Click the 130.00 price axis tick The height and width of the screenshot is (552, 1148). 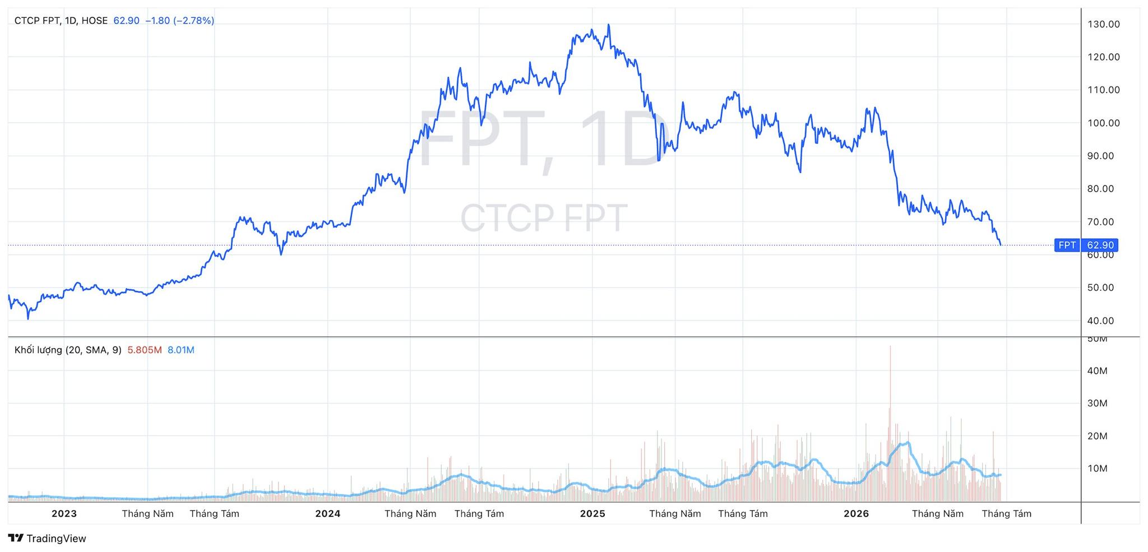click(1103, 24)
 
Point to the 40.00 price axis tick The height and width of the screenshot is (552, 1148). click(1100, 321)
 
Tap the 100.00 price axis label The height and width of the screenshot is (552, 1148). click(1103, 123)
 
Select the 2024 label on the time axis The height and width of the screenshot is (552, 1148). click(328, 513)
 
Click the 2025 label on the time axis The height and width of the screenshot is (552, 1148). click(592, 513)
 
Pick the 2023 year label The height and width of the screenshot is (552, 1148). click(64, 513)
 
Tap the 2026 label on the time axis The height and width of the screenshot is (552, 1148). click(856, 513)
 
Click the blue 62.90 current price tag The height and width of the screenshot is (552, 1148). click(1100, 245)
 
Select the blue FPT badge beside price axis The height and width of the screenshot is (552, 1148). click(1067, 245)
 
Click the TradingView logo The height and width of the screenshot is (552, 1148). click(47, 539)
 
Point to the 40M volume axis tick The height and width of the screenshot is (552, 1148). click(1097, 370)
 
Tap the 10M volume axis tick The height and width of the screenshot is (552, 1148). click(1097, 468)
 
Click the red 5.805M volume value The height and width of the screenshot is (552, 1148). click(145, 350)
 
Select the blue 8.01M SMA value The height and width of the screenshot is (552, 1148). click(181, 350)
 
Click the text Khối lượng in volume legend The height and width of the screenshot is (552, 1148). click(38, 350)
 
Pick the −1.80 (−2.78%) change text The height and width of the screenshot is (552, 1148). click(179, 21)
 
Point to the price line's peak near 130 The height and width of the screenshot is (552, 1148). click(609, 25)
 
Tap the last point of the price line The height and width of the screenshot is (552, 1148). click(1001, 245)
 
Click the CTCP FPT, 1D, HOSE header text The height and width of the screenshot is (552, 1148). click(61, 21)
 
